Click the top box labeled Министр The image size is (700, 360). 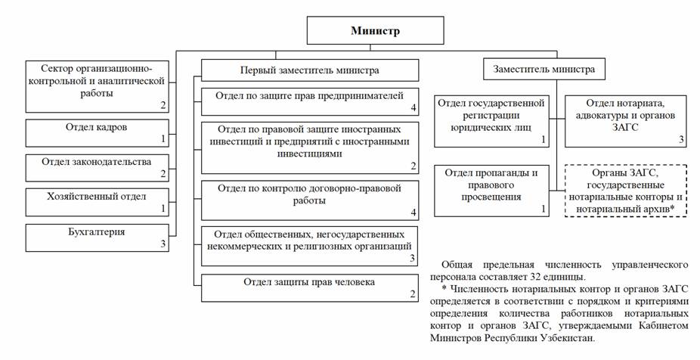coord(374,31)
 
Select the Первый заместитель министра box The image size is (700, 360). coord(309,70)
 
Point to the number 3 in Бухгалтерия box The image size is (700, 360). coord(162,244)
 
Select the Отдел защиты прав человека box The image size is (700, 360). coord(309,288)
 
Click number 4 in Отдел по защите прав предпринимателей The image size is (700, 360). coord(413,107)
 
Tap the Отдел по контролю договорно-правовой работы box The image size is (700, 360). coord(309,199)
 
